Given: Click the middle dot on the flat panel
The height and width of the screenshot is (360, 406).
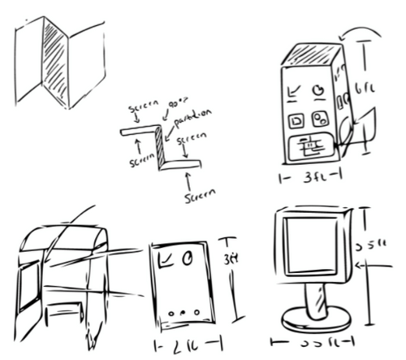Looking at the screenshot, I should point(183,312).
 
